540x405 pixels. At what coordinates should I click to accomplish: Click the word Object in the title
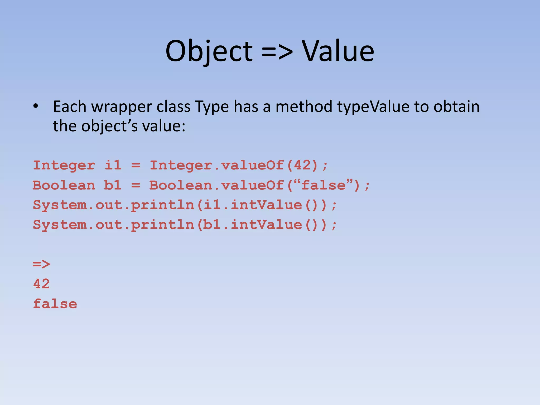point(209,51)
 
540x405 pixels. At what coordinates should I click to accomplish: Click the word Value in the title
point(338,51)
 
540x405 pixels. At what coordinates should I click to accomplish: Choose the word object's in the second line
point(109,126)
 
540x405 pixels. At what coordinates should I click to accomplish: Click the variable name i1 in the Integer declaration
point(113,166)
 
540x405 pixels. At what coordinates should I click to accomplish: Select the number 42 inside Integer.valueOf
point(302,166)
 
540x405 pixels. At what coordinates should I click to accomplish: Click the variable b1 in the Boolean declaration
point(113,185)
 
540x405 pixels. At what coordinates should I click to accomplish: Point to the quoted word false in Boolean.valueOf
point(323,185)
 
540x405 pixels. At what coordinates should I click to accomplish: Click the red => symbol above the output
point(41,264)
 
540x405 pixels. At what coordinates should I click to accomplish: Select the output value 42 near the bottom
point(41,284)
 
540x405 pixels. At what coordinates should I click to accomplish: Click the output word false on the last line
point(55,304)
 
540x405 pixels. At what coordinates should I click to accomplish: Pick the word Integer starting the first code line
point(64,166)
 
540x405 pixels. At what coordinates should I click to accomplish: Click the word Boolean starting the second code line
point(64,185)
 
